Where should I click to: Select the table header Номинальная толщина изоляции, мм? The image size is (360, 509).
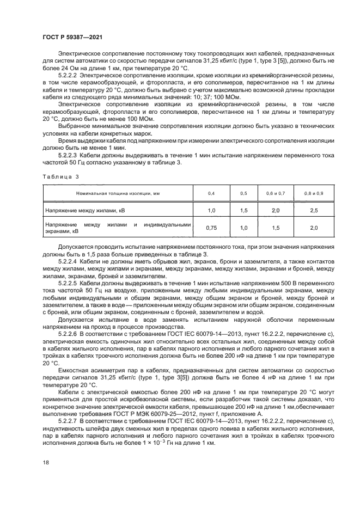click(x=118, y=193)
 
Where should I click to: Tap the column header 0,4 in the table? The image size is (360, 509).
click(x=211, y=193)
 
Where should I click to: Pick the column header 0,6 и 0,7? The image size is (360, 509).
click(x=276, y=193)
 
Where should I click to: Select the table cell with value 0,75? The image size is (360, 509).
click(x=211, y=229)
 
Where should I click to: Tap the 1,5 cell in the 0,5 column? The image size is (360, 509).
click(x=243, y=210)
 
